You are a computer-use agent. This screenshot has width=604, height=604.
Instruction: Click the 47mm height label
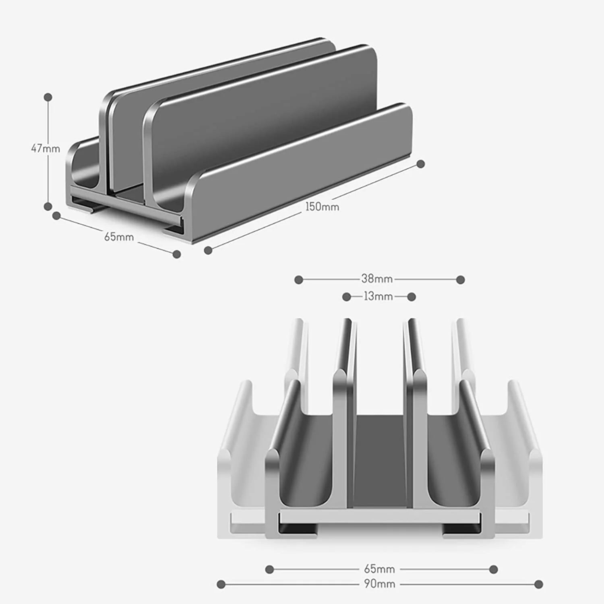(x=46, y=149)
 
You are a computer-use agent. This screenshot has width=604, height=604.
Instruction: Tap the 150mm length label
(x=322, y=207)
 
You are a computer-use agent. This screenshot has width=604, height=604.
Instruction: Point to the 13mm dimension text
(x=378, y=296)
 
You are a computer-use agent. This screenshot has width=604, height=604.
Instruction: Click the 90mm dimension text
(x=379, y=584)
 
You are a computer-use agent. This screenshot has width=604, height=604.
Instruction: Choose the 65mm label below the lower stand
(x=379, y=569)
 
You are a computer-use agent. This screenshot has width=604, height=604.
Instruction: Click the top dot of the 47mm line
(x=48, y=97)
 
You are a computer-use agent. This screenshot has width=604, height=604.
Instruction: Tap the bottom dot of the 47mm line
(x=48, y=207)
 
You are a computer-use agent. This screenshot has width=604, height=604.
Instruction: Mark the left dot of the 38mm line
(x=298, y=279)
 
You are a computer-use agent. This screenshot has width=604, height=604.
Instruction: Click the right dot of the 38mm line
(x=461, y=279)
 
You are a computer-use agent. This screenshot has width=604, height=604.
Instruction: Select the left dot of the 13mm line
(x=346, y=297)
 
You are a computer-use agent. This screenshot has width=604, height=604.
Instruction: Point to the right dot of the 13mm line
(x=412, y=297)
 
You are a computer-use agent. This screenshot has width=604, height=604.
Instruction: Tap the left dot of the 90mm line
(x=221, y=584)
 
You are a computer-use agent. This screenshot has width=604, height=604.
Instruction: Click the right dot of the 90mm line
(x=539, y=584)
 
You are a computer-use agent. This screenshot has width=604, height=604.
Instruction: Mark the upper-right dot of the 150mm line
(x=420, y=164)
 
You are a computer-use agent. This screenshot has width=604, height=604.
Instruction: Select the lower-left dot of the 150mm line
(x=208, y=250)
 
